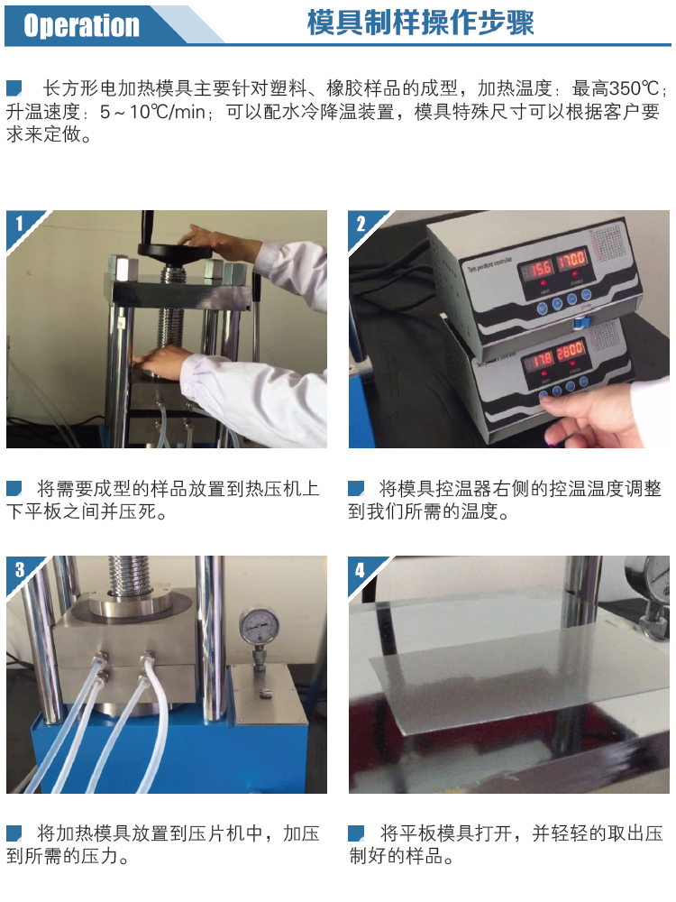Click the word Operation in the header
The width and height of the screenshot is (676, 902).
click(81, 25)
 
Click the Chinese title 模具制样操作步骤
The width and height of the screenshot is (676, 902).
click(420, 23)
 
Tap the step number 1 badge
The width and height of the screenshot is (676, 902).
click(18, 222)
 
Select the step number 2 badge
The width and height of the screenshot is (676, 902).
click(361, 222)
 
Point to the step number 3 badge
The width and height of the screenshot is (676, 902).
click(19, 569)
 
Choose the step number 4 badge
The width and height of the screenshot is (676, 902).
click(361, 569)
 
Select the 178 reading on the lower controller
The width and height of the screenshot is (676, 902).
click(543, 359)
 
